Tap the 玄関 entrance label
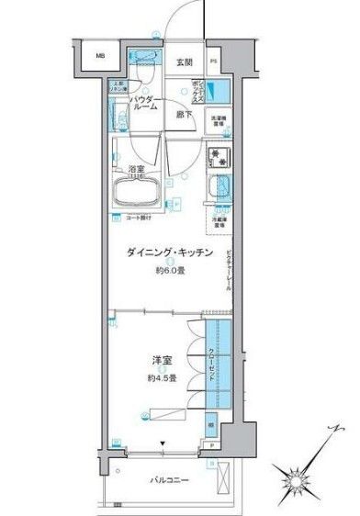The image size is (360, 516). click(x=184, y=62)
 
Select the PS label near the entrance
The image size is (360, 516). click(x=214, y=62)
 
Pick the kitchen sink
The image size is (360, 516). click(x=219, y=189)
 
